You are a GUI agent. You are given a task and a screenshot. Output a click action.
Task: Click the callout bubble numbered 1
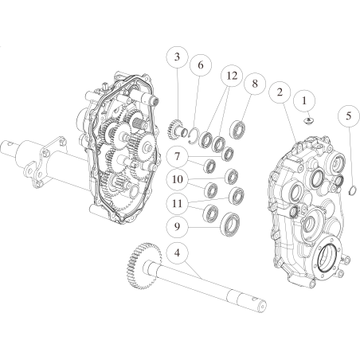pos(304,101)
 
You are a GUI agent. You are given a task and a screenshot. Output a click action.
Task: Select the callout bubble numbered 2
pos(280,92)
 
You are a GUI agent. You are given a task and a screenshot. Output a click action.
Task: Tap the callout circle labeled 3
pos(177,57)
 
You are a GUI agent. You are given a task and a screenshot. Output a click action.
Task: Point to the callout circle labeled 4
pos(177,252)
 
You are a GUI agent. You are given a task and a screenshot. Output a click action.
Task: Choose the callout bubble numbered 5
pos(349,116)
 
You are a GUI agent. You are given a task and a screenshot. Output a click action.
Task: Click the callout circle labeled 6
pos(201,65)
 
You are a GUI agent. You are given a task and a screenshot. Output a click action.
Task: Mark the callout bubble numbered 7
pos(177,157)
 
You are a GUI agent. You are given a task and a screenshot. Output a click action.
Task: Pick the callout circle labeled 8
pos(255,84)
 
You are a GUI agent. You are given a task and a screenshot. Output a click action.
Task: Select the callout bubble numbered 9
pos(177,227)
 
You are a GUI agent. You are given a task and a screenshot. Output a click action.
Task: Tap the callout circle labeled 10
pos(177,179)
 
